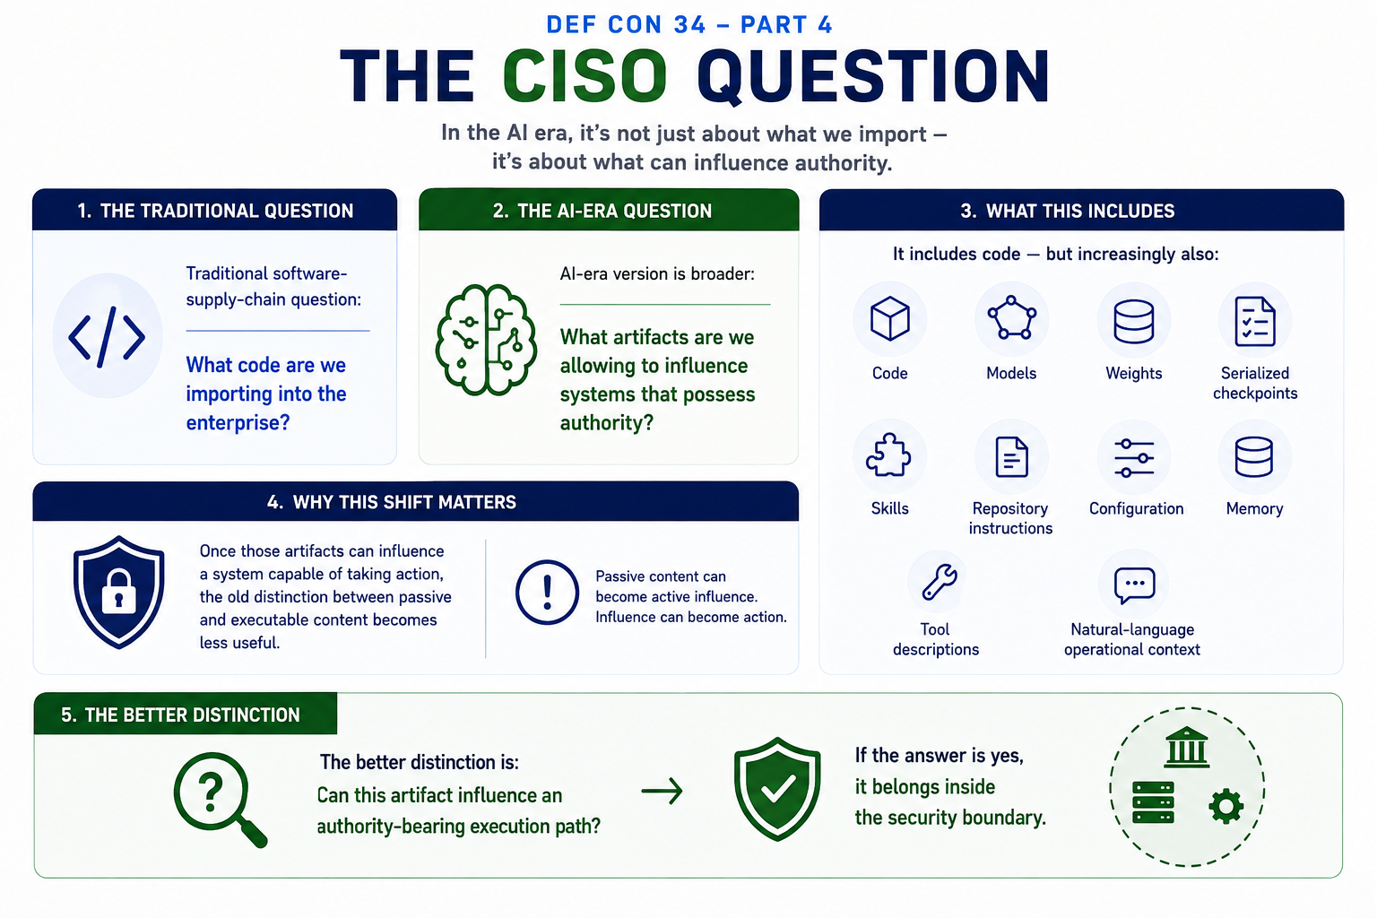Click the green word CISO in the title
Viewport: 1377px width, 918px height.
[x=585, y=76]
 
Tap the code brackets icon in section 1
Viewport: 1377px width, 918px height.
[x=107, y=337]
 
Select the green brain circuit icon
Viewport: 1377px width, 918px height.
[x=486, y=339]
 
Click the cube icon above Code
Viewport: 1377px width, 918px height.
[x=889, y=318]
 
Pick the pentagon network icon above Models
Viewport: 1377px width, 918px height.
[x=1011, y=317]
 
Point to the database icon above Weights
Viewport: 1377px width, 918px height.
[x=1133, y=321]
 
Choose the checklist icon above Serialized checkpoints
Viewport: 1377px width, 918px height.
[x=1255, y=321]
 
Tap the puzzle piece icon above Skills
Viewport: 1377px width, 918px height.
[x=888, y=455]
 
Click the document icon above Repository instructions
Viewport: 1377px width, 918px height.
[x=1011, y=457]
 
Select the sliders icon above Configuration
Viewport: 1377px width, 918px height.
[x=1134, y=458]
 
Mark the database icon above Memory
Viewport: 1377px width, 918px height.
[x=1254, y=457]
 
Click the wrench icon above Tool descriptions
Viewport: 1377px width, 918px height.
[x=940, y=582]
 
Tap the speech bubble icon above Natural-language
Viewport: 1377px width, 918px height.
[x=1134, y=585]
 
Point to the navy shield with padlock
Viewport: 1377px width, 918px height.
[x=118, y=592]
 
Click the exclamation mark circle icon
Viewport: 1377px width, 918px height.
[x=547, y=593]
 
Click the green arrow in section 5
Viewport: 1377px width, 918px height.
[x=663, y=791]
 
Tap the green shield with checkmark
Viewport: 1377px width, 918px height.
[x=777, y=789]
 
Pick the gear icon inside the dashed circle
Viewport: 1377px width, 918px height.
[x=1226, y=806]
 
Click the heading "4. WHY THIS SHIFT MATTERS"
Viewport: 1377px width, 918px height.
[x=392, y=502]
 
